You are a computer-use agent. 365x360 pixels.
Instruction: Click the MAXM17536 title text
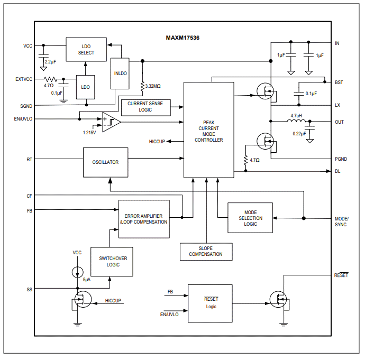[x=182, y=38]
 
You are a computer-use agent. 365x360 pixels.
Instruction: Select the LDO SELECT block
[x=86, y=49]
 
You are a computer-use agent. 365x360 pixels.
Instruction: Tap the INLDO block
[x=120, y=73]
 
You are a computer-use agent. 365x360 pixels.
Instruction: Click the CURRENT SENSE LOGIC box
[x=145, y=107]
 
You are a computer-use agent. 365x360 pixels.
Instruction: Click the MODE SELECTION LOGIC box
[x=250, y=218]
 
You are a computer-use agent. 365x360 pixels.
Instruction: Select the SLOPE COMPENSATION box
[x=206, y=251]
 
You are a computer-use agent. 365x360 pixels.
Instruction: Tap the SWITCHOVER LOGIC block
[x=113, y=261]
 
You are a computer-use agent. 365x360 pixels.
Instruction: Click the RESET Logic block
[x=211, y=303]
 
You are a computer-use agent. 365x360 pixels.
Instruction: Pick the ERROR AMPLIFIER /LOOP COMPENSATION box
[x=144, y=219]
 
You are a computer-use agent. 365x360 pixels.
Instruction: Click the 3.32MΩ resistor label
[x=153, y=85]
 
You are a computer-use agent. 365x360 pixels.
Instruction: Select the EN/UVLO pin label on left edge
[x=23, y=119]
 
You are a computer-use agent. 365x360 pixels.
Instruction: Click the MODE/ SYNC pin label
[x=341, y=221]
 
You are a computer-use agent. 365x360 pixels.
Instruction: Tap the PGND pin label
[x=341, y=159]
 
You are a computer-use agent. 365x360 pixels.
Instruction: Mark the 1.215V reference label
[x=89, y=132]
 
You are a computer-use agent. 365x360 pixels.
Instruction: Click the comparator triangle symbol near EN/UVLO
[x=112, y=122]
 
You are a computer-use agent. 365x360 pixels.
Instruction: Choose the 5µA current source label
[x=87, y=280]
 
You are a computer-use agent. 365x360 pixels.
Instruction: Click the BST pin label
[x=339, y=82]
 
